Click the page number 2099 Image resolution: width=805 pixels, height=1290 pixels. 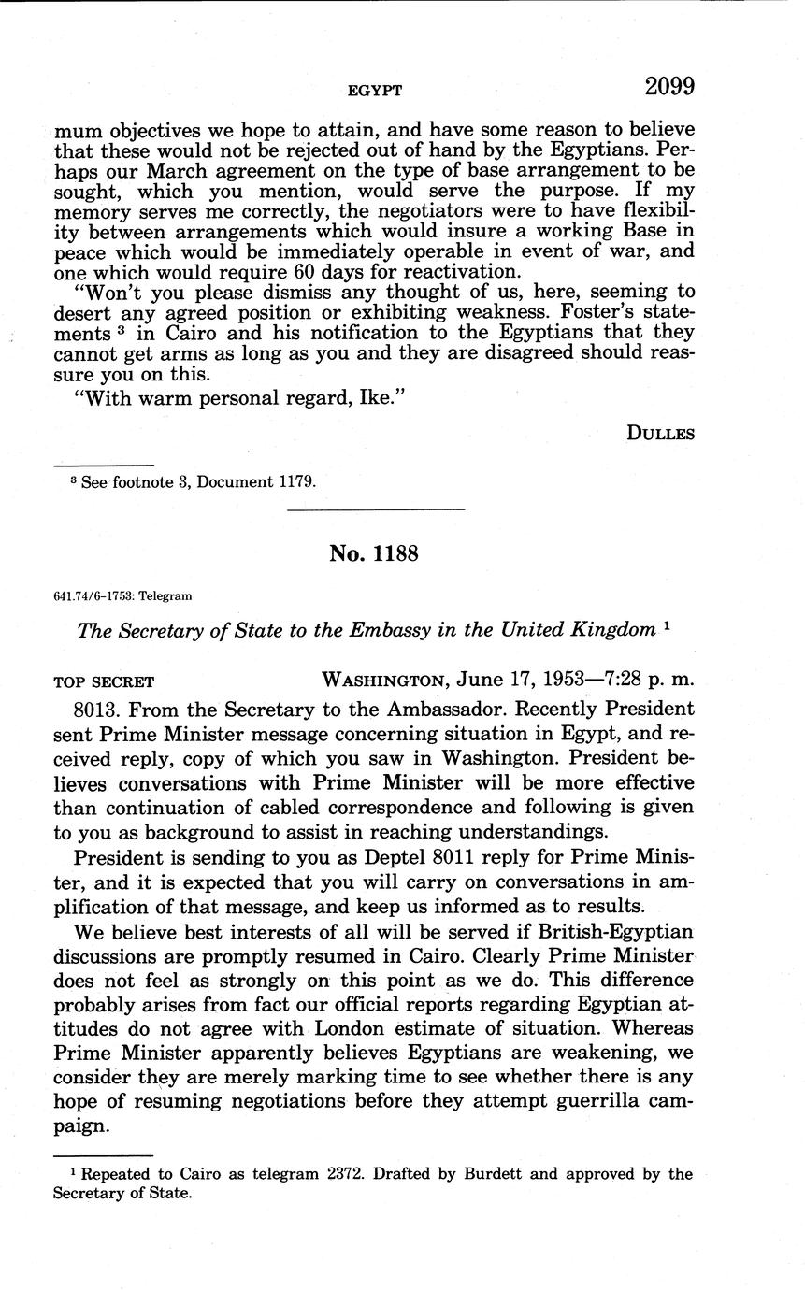coord(668,87)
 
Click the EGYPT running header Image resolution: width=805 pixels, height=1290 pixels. coord(374,91)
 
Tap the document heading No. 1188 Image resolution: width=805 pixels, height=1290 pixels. coord(373,553)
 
